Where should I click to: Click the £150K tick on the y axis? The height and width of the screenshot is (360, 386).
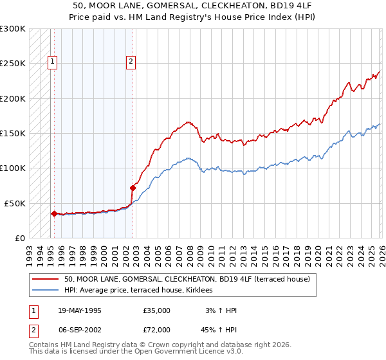click(13, 134)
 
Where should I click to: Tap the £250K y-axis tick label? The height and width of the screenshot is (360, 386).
click(13, 64)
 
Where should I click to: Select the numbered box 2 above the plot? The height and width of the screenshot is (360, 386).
click(131, 62)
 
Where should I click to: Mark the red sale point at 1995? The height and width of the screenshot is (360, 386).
click(54, 213)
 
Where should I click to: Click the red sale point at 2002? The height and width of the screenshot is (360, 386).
click(133, 188)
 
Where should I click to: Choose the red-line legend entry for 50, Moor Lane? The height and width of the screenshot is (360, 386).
click(187, 280)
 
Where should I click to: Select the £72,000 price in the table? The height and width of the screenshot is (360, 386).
click(156, 330)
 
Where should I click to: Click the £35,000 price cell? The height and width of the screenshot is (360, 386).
click(156, 310)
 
